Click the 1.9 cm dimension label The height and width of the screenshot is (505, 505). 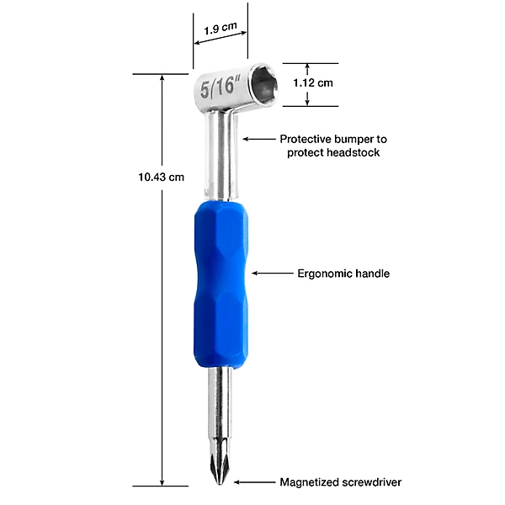coord(221,29)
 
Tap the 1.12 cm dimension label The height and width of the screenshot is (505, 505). coord(313,83)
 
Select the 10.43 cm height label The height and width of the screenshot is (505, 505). coord(161,177)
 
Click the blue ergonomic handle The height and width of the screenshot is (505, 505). coord(221,284)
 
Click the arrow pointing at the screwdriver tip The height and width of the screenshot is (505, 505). coord(254,482)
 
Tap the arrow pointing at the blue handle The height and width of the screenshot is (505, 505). coord(272,273)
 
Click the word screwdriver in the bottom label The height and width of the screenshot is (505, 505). coord(372,482)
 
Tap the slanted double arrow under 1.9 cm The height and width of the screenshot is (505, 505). coord(221,38)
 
